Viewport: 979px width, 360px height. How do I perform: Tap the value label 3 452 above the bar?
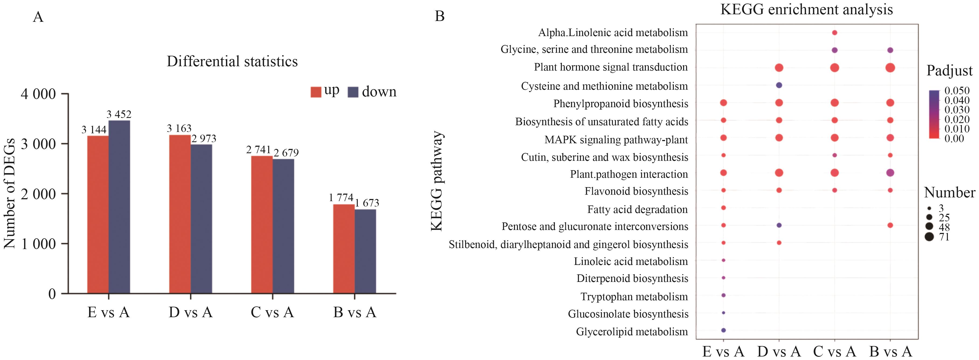click(x=119, y=114)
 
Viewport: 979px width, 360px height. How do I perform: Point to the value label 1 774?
click(x=341, y=198)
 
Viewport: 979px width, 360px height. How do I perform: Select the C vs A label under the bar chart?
click(x=272, y=313)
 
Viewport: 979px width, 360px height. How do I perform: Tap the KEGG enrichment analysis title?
click(x=806, y=9)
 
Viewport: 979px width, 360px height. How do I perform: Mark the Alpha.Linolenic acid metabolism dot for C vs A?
click(x=835, y=33)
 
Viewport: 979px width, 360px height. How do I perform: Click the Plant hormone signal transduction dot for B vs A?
click(x=890, y=68)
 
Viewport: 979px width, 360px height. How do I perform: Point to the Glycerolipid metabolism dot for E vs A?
click(x=723, y=330)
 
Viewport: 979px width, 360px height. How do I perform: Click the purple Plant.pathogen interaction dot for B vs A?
click(x=890, y=173)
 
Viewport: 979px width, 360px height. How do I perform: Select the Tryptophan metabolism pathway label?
click(x=634, y=296)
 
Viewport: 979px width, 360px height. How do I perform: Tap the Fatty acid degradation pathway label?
click(x=637, y=209)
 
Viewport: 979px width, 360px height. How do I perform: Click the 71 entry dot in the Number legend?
click(x=930, y=237)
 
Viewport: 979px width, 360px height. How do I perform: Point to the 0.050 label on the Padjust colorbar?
click(x=957, y=91)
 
